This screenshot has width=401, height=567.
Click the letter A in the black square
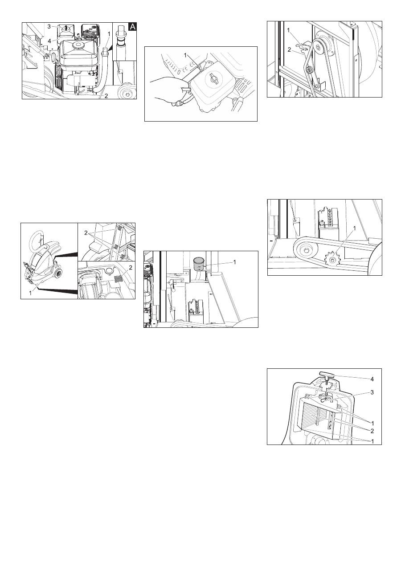[133, 27]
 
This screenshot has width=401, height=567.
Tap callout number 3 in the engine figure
[49, 26]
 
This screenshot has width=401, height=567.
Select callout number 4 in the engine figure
[49, 41]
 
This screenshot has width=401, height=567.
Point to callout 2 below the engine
[106, 96]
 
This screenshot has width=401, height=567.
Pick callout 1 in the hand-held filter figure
[185, 55]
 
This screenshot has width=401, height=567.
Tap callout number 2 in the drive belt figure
[289, 50]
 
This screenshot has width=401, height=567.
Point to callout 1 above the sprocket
[354, 228]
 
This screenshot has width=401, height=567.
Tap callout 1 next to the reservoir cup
[234, 262]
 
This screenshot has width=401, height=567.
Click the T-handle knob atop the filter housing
[327, 375]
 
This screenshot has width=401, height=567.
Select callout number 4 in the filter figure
[372, 379]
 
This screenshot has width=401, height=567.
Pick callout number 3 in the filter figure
[372, 392]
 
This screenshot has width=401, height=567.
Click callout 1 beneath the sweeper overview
[31, 293]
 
